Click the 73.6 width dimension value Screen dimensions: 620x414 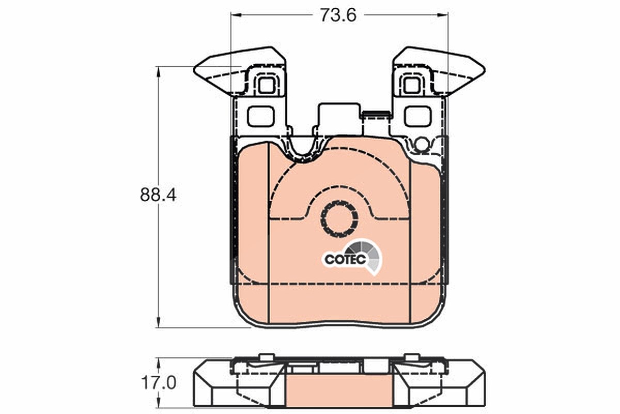point(338,15)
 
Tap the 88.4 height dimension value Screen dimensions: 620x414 point(158,195)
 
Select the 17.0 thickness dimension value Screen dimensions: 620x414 point(158,383)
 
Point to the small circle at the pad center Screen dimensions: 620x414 point(339,219)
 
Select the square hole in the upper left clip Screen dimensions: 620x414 point(266,85)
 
